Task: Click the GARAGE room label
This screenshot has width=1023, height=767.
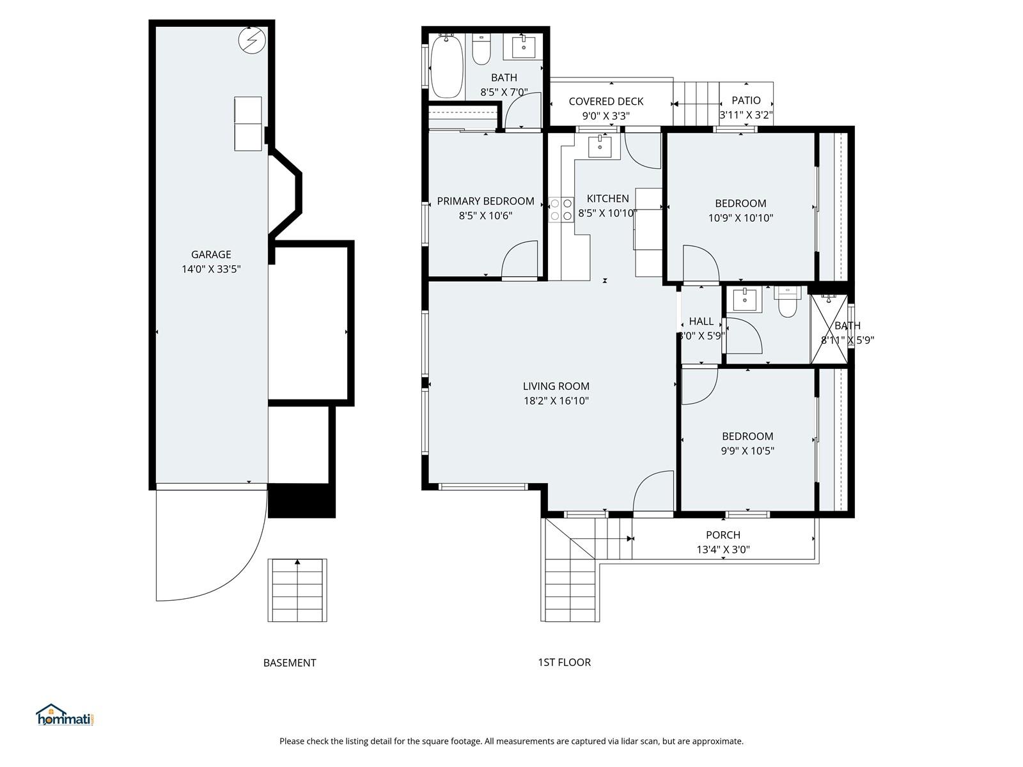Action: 211,254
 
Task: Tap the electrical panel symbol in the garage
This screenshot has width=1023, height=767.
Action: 251,41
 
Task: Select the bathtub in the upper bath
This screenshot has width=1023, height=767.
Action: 446,67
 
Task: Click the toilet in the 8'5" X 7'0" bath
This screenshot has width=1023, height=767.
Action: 481,50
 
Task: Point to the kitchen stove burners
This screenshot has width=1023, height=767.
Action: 561,210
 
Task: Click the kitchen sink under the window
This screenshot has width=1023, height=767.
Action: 600,146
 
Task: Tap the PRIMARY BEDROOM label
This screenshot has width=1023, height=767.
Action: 485,201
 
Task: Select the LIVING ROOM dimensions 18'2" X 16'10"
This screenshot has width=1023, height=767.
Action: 556,401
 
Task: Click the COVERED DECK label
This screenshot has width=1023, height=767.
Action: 605,102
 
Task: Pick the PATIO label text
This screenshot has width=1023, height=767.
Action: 746,100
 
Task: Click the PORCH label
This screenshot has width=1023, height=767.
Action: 723,535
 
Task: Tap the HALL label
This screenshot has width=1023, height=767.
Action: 701,322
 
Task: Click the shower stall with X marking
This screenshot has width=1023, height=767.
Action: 829,329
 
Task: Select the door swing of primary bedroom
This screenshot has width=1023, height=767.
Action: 519,261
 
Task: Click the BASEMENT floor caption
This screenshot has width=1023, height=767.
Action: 290,663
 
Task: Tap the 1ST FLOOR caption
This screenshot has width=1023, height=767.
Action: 564,662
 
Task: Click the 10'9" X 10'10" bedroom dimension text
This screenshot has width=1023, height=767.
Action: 740,218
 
